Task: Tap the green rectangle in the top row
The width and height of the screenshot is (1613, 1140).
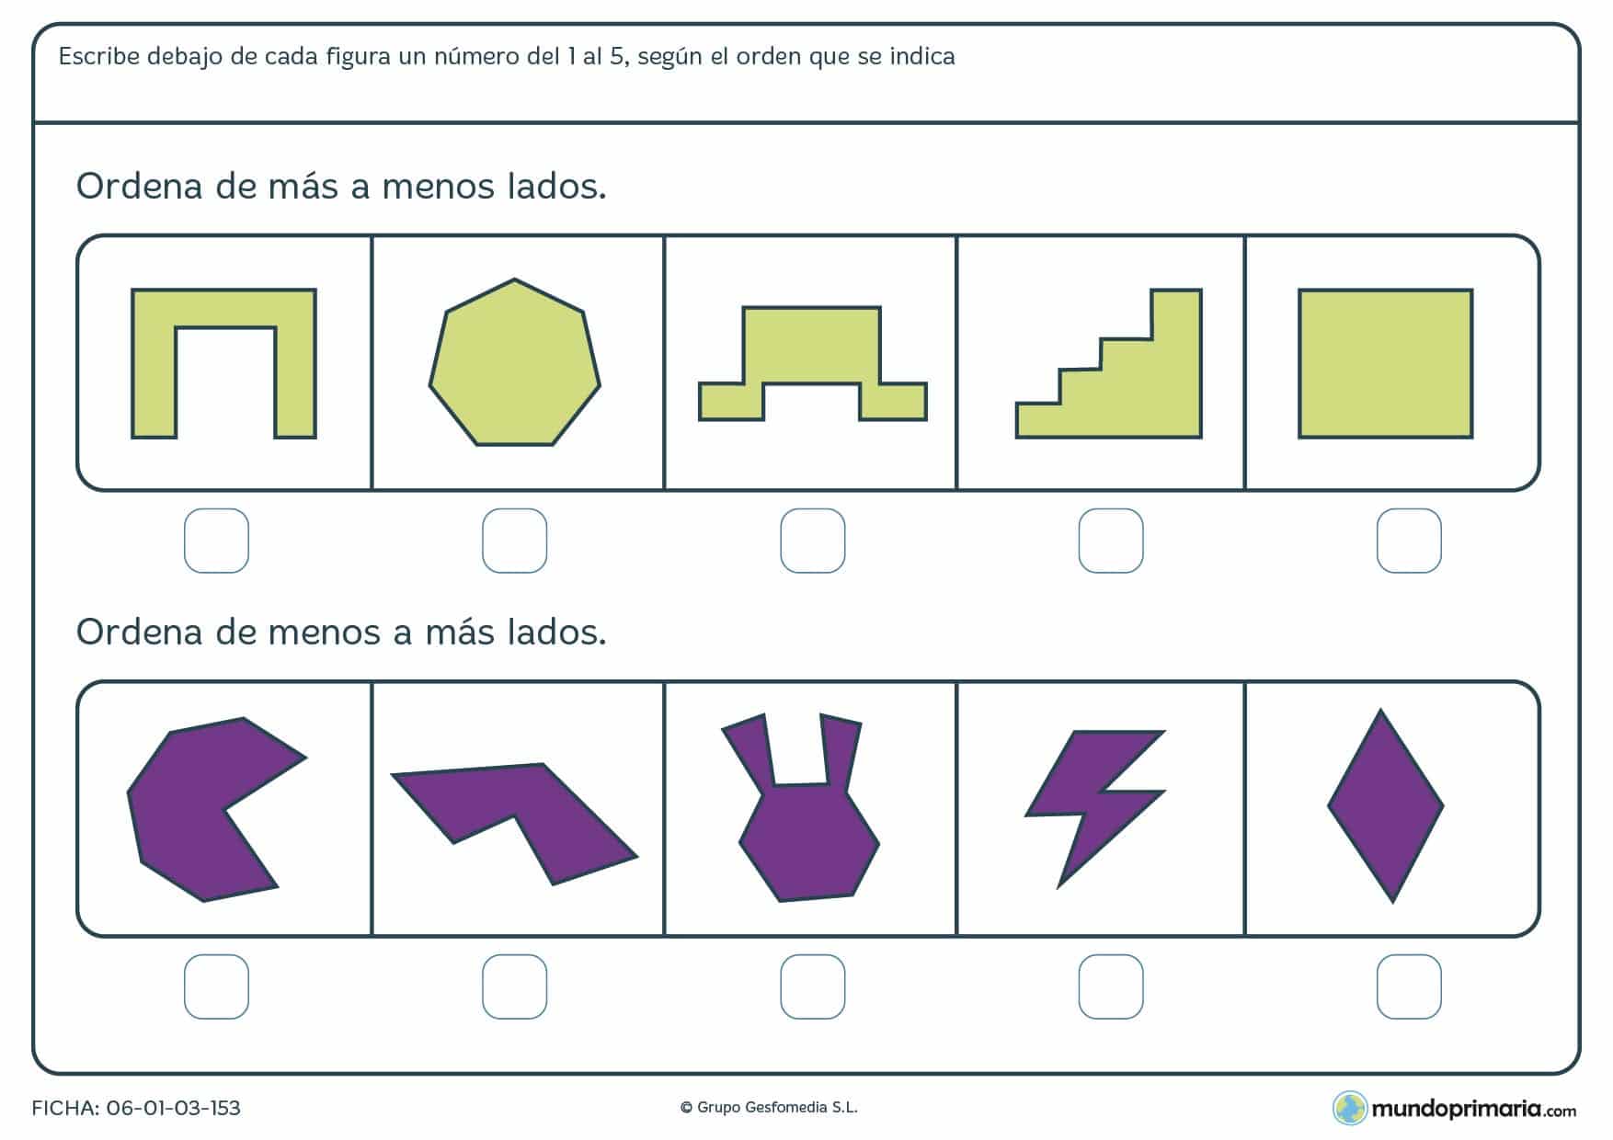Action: pyautogui.click(x=1385, y=364)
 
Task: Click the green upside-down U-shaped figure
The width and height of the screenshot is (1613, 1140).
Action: pyautogui.click(x=223, y=309)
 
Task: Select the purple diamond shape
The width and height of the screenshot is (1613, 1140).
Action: pyautogui.click(x=1385, y=806)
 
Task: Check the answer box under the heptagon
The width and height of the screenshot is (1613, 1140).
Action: pyautogui.click(x=514, y=541)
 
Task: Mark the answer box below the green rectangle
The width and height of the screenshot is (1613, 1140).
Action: pyautogui.click(x=1408, y=541)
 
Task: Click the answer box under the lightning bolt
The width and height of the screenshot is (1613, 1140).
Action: pyautogui.click(x=1110, y=986)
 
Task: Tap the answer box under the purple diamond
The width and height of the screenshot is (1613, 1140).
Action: pyautogui.click(x=1408, y=986)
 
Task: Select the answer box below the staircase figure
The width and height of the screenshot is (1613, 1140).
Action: pyautogui.click(x=1110, y=541)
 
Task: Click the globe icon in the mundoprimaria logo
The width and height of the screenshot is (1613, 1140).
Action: pyautogui.click(x=1349, y=1108)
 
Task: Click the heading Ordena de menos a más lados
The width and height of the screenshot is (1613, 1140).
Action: pyautogui.click(x=341, y=633)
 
